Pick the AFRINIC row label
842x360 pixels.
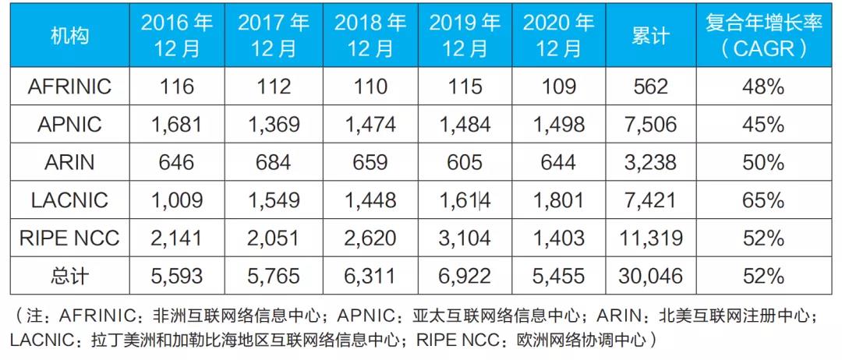tap(69, 86)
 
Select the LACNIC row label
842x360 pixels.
tap(69, 200)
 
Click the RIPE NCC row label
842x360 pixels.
tap(69, 238)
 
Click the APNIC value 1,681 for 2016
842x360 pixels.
tap(177, 125)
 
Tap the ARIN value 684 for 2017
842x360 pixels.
tap(274, 162)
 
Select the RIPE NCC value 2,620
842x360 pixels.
tap(370, 238)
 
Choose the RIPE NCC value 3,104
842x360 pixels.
tap(466, 238)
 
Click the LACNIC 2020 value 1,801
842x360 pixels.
tap(558, 200)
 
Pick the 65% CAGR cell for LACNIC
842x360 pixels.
tap(763, 200)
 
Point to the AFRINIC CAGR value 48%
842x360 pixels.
tap(763, 86)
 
